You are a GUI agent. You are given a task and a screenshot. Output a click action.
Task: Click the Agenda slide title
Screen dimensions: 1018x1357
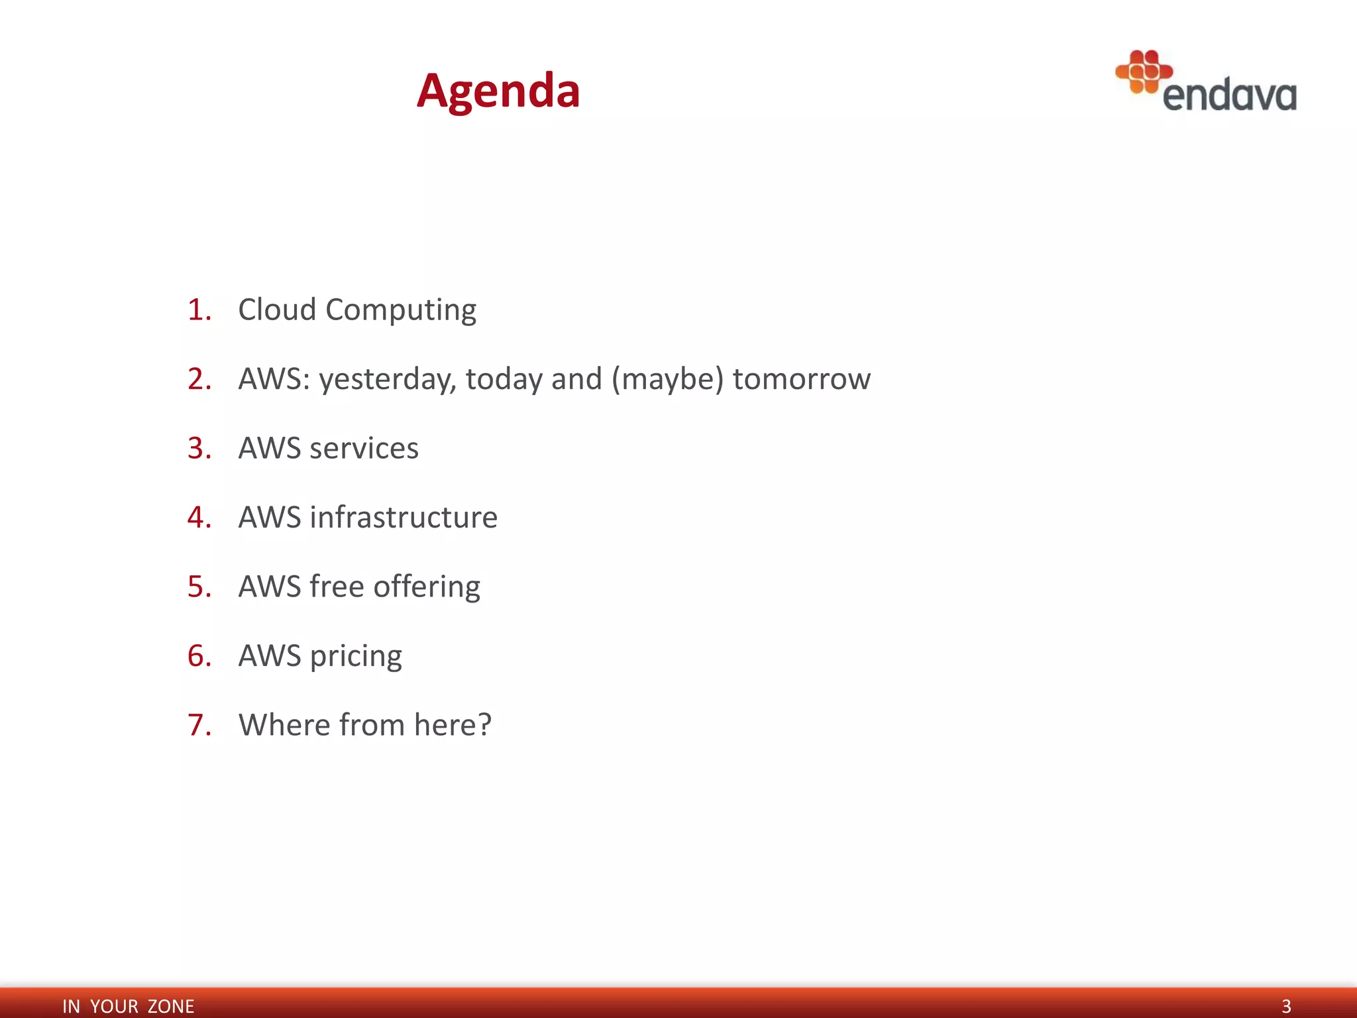(498, 91)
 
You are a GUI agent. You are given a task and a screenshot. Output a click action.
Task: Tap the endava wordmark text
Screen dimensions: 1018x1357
(1229, 95)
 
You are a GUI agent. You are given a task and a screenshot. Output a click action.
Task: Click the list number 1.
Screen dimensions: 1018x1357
(199, 310)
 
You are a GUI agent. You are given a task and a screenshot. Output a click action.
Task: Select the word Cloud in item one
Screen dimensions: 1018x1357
(277, 310)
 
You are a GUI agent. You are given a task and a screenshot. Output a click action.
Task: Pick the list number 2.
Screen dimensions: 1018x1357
(199, 379)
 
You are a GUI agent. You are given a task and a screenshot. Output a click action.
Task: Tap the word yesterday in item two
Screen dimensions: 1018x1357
(387, 380)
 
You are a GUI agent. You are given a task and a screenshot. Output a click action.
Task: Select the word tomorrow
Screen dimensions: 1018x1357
(801, 379)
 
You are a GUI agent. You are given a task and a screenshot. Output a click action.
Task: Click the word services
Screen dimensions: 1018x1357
(364, 449)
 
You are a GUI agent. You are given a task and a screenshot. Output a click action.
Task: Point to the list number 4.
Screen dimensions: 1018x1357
(199, 518)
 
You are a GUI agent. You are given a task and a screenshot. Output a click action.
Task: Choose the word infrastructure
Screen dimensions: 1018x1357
(404, 518)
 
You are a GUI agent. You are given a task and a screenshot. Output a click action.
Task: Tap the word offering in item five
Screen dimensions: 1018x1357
(427, 587)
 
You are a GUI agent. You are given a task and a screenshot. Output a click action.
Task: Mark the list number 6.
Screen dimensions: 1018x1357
(199, 656)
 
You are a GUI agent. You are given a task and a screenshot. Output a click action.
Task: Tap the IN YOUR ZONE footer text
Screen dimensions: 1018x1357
(128, 1006)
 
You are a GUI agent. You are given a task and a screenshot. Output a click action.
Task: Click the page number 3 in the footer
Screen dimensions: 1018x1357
(1286, 1006)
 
